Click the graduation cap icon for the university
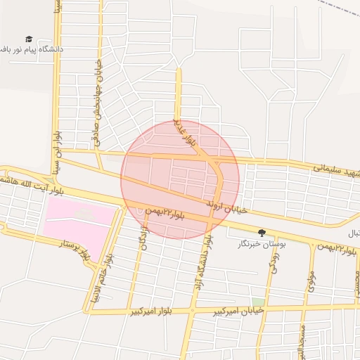click(29, 39)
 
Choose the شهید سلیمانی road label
click(336, 171)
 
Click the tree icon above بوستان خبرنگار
click(262, 233)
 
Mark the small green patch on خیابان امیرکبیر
click(258, 301)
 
